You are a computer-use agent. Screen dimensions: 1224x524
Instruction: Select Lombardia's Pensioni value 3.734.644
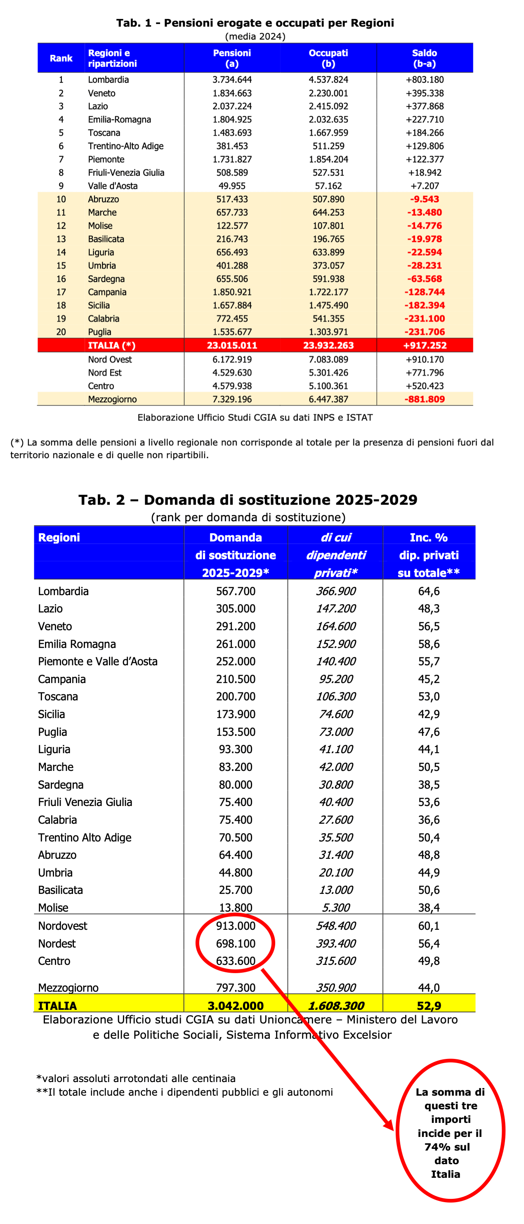[232, 80]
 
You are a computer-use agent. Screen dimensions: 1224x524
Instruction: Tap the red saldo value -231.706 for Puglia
[424, 332]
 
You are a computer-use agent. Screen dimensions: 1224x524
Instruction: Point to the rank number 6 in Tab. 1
[61, 146]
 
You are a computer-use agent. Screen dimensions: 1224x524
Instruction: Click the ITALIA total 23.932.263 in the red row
[328, 345]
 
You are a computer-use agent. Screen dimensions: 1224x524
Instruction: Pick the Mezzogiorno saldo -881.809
[424, 399]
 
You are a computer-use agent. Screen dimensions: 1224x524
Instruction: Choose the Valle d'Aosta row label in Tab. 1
[113, 186]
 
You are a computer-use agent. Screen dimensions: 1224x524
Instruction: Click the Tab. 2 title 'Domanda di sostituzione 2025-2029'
[248, 500]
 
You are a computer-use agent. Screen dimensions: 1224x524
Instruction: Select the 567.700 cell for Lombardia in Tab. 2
[236, 591]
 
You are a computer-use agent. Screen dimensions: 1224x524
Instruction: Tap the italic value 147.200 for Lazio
[336, 609]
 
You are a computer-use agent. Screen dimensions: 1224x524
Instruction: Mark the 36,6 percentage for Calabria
[429, 820]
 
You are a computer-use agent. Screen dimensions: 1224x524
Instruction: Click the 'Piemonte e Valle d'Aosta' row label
[97, 662]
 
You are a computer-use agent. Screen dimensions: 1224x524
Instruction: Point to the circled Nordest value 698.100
[236, 943]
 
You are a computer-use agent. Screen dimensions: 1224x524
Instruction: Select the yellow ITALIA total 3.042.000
[236, 1005]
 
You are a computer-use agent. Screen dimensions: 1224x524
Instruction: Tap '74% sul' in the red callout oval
[447, 1147]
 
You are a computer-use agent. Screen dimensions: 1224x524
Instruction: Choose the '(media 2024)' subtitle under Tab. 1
[255, 37]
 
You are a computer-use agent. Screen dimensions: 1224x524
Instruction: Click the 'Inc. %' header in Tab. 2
[429, 537]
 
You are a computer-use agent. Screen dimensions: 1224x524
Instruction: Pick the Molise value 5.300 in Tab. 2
[336, 907]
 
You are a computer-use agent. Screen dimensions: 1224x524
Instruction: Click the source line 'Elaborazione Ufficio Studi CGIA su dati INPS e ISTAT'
[255, 417]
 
